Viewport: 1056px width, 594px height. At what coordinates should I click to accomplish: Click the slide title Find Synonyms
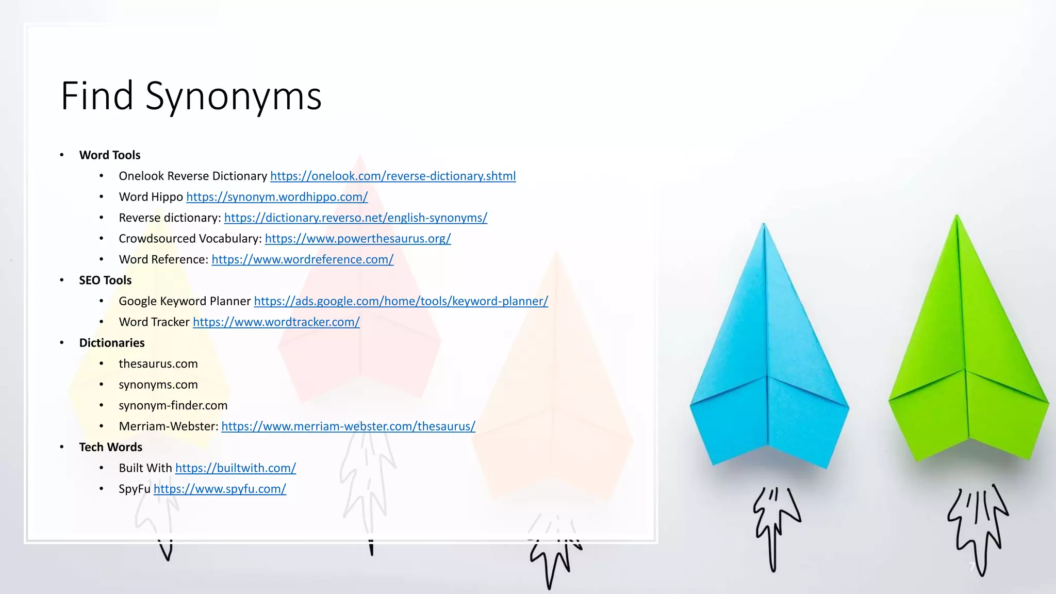click(x=191, y=96)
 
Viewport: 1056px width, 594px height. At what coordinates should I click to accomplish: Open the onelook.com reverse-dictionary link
click(x=392, y=176)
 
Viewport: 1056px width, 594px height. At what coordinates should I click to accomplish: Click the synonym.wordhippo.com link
click(x=276, y=197)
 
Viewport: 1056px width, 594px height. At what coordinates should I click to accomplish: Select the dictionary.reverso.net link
click(x=355, y=218)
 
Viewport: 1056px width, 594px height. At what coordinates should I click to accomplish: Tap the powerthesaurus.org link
click(x=357, y=239)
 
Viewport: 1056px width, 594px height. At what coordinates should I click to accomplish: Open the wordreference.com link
click(x=302, y=259)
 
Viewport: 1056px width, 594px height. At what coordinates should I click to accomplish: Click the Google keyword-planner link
click(x=401, y=301)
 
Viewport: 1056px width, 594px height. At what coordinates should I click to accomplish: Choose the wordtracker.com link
click(x=276, y=322)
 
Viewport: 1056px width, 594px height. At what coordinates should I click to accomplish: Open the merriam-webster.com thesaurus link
click(x=348, y=426)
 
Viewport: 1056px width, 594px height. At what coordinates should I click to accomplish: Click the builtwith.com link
click(x=235, y=468)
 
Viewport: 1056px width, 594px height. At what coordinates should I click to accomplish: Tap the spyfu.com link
click(x=220, y=489)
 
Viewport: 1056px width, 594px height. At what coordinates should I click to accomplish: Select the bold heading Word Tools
click(x=110, y=155)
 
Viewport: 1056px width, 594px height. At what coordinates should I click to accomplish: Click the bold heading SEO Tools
click(x=105, y=280)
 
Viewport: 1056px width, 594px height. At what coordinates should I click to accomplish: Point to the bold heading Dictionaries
click(x=112, y=343)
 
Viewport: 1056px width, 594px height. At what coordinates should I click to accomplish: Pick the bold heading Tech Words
click(x=110, y=447)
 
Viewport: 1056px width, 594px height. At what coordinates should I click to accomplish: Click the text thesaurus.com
click(x=158, y=364)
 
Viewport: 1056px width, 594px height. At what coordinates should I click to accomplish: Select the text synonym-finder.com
click(x=173, y=406)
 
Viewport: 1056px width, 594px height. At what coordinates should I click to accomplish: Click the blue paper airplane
click(x=768, y=361)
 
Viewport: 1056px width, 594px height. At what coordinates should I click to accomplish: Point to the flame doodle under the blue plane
click(x=774, y=526)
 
